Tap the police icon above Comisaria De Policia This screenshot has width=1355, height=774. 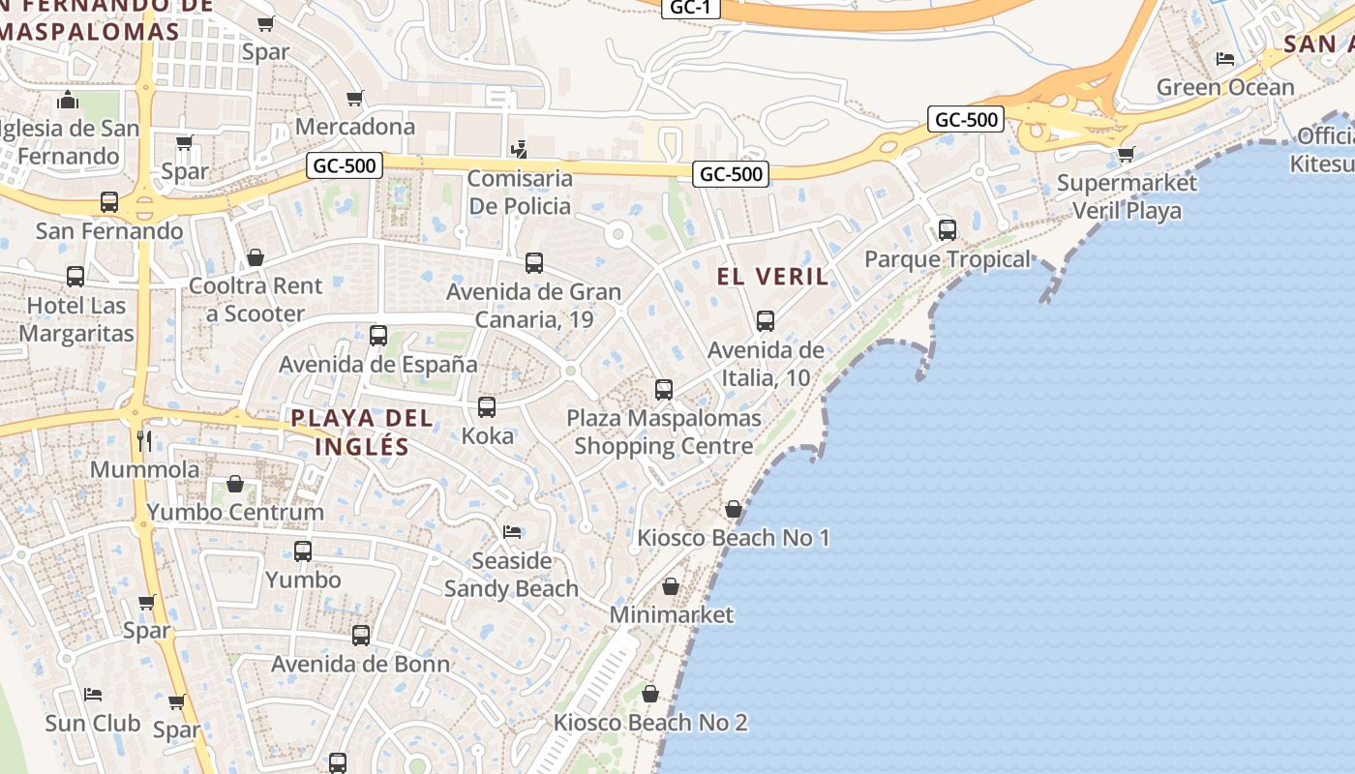tap(520, 150)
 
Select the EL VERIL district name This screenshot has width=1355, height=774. tap(772, 277)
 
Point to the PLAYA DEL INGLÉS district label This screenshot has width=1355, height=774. tap(362, 432)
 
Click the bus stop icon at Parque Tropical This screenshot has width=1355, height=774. tap(947, 230)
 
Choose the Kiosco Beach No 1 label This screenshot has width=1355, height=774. tap(733, 538)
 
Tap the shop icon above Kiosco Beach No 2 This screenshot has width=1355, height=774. tap(650, 694)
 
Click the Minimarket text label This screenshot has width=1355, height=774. tap(671, 615)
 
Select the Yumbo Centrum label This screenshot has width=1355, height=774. tap(235, 512)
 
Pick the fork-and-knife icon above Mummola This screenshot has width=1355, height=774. tap(144, 441)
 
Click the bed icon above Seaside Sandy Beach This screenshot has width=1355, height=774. tap(511, 532)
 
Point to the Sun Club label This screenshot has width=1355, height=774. tap(92, 724)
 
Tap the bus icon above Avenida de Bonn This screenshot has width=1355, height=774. tap(361, 636)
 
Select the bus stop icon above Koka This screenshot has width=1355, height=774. tap(487, 407)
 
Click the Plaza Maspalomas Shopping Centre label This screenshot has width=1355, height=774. tap(663, 432)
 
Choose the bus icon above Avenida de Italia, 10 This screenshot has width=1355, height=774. tap(766, 321)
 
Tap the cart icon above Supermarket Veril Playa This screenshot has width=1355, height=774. tap(1126, 155)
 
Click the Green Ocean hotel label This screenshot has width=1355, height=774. tap(1225, 87)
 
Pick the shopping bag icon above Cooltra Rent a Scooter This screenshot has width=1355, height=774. tap(256, 257)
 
